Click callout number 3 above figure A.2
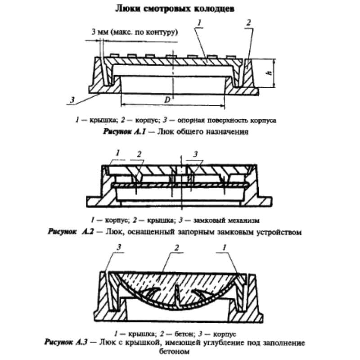click(195, 154)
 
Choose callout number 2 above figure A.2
click(139, 154)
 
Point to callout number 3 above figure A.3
click(119, 247)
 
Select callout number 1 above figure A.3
click(223, 247)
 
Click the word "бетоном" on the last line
click(179, 352)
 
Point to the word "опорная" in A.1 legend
click(190, 121)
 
